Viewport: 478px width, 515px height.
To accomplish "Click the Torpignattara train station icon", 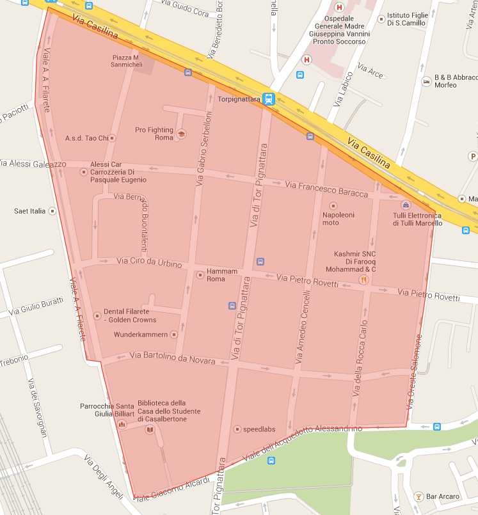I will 269,99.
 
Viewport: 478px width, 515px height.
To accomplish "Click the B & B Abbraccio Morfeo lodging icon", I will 426,81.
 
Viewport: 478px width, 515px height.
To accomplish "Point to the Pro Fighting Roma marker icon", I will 181,134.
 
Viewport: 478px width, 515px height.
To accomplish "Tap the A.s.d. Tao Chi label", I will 86,138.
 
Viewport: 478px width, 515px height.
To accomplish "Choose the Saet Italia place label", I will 30,210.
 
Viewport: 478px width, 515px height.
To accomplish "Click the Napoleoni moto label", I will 339,219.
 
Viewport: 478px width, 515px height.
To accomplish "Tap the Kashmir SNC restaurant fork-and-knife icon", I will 363,279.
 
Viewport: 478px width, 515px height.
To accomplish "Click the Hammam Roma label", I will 222,275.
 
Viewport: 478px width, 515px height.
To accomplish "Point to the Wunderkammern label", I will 141,335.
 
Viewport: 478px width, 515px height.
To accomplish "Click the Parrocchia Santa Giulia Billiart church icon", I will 122,424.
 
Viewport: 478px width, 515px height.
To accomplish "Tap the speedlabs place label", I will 259,429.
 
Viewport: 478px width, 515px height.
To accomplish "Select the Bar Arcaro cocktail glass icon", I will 418,496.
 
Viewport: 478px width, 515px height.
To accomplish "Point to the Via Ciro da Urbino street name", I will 150,262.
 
